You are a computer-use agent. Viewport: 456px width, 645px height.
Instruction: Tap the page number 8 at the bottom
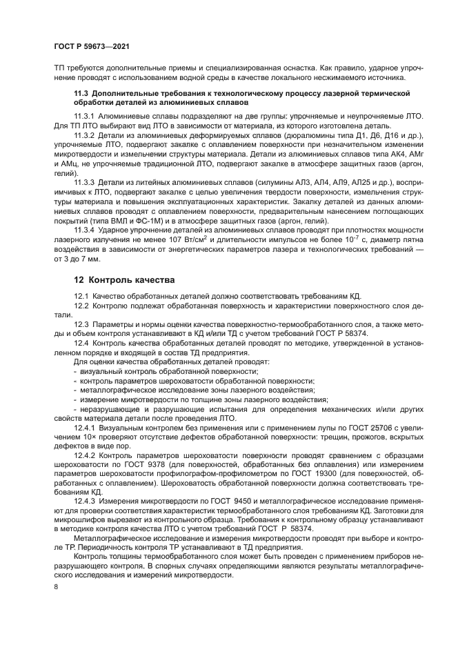(56, 586)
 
